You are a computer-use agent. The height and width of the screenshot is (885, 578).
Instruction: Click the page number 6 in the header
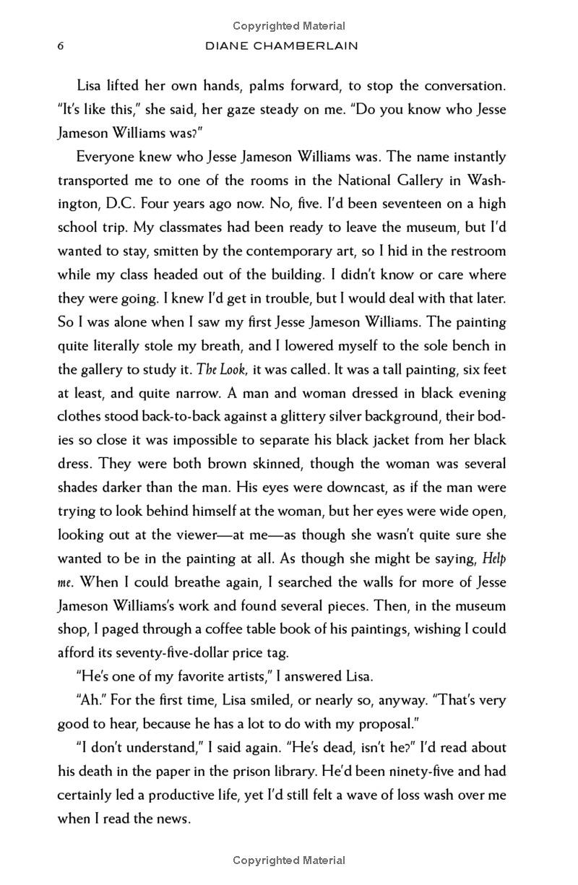click(61, 46)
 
